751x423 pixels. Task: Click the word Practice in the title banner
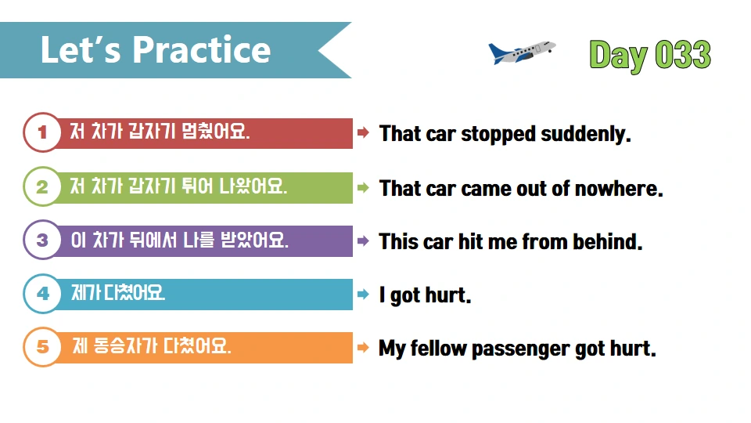coord(201,50)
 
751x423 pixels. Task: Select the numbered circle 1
coord(42,133)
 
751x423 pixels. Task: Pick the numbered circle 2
coord(42,187)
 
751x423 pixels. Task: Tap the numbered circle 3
coord(42,240)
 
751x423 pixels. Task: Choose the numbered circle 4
coord(42,295)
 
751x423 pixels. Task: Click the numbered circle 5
coord(42,348)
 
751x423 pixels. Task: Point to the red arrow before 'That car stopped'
coord(363,133)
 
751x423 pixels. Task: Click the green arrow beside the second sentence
coord(363,187)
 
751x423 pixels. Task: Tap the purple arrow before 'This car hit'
coord(363,240)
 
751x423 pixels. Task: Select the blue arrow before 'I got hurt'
coord(363,295)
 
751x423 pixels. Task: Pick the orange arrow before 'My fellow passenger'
coord(363,348)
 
